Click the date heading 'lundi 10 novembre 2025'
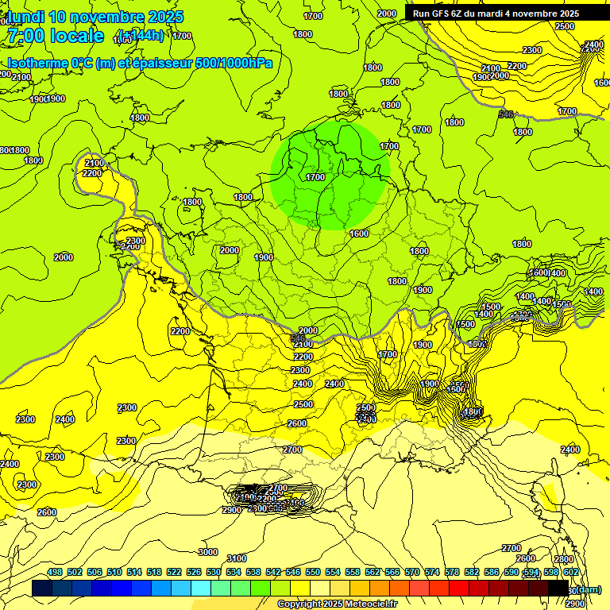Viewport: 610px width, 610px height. pos(95,17)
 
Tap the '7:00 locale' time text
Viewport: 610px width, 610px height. pos(56,36)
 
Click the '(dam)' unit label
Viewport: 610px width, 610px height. pos(588,589)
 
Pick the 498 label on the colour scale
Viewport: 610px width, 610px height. pos(55,572)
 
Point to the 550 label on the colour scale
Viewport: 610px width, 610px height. pos(313,572)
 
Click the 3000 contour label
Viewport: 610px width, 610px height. pos(207,552)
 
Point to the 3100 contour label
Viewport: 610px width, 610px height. pos(237,558)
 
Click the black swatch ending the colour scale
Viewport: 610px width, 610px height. pos(558,589)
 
